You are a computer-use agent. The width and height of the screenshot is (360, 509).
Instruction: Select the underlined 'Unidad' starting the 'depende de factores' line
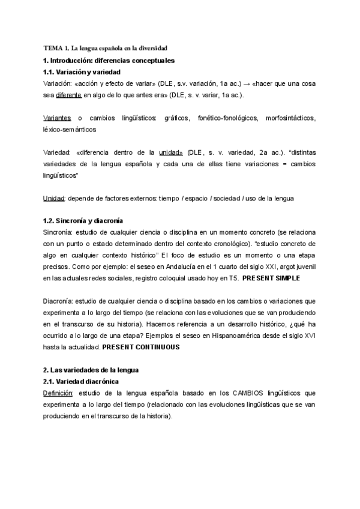pyautogui.click(x=54, y=198)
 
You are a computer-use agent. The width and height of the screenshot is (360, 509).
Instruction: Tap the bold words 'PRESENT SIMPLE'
pyautogui.click(x=271, y=279)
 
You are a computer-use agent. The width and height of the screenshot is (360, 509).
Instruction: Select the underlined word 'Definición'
pyautogui.click(x=58, y=393)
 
